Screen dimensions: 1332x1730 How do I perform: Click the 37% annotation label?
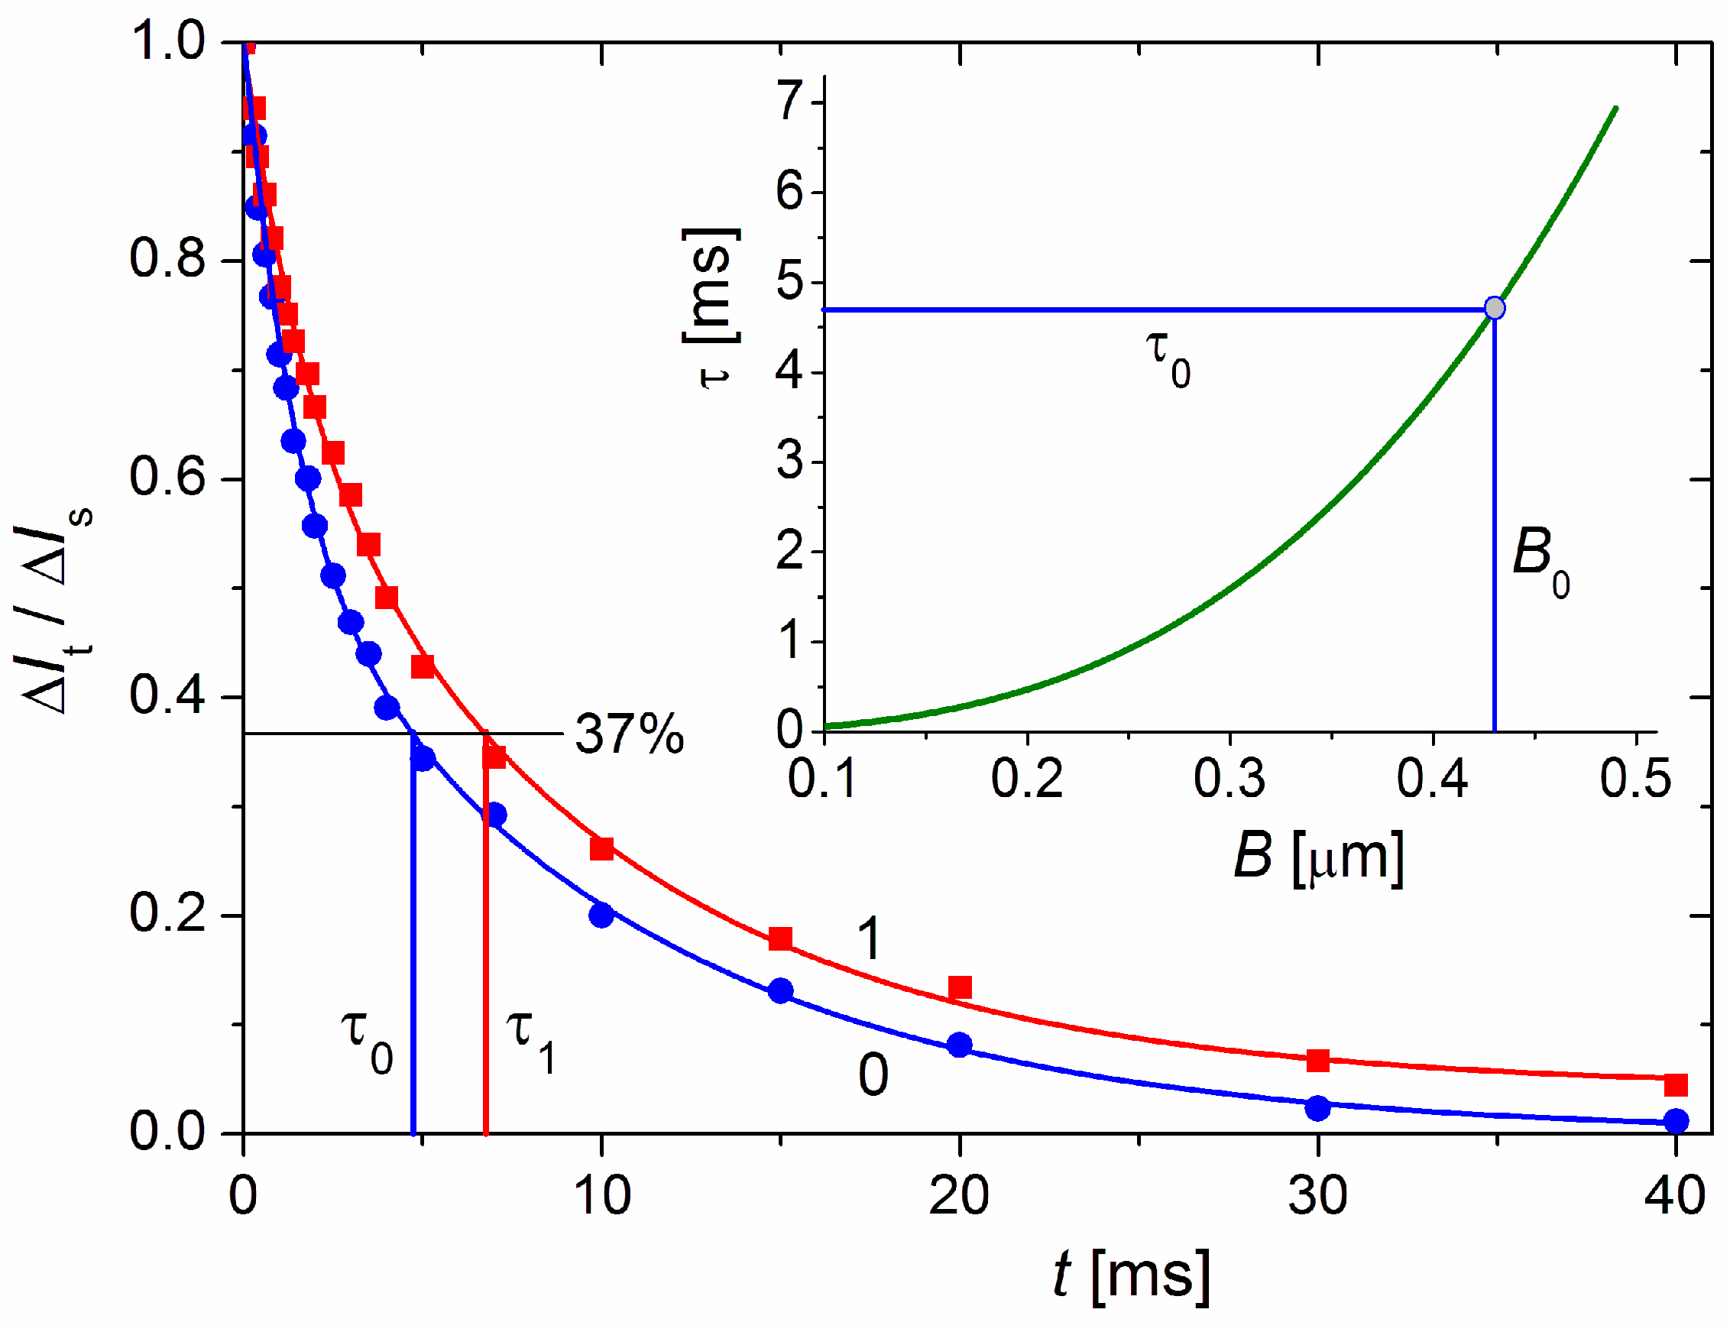pos(629,734)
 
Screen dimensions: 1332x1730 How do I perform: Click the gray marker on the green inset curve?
pos(1494,307)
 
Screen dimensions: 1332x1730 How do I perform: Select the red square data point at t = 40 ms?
pos(1675,1084)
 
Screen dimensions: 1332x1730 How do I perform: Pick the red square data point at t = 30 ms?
pos(1317,1060)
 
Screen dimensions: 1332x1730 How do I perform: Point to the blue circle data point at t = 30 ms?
pos(1317,1109)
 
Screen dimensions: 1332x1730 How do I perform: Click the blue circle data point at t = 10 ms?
pos(601,916)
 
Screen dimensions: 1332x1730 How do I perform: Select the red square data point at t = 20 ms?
pos(959,987)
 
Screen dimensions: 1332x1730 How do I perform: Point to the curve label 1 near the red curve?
pos(869,940)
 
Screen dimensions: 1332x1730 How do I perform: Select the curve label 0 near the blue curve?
pos(873,1076)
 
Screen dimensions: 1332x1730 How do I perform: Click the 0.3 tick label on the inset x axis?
pos(1229,778)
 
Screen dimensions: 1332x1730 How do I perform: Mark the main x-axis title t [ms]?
pos(1131,1275)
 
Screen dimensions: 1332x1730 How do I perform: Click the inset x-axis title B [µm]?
pos(1318,857)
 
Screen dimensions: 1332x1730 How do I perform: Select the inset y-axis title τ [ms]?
pos(711,308)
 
